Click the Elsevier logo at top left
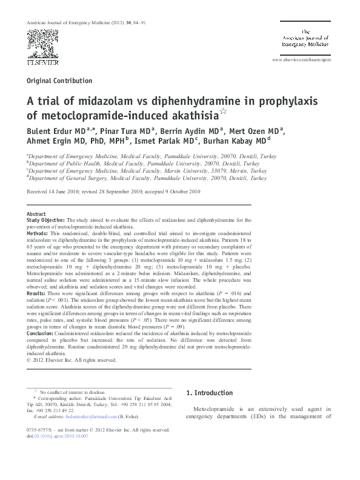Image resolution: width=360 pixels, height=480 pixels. [42, 61]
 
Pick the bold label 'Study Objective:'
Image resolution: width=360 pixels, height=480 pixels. [45, 221]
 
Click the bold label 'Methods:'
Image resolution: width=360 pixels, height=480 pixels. [39, 233]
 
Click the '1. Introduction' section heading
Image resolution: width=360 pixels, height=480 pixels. [210, 393]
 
